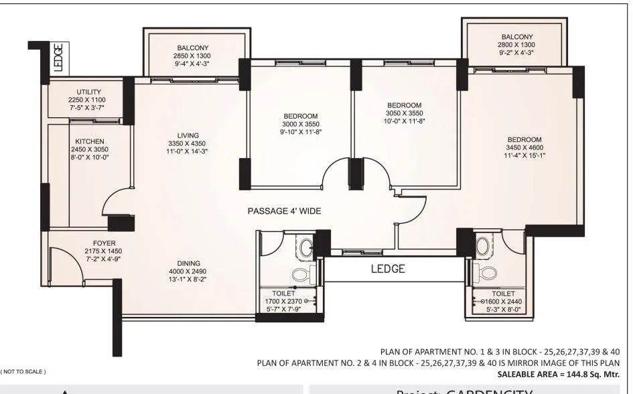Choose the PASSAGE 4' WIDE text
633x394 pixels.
(284, 211)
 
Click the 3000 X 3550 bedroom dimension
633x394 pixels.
(301, 124)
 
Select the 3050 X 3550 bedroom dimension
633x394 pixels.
(404, 113)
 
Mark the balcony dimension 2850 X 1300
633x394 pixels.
(194, 56)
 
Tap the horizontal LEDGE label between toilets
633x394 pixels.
(388, 269)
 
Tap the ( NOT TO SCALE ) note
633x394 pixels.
(23, 371)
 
